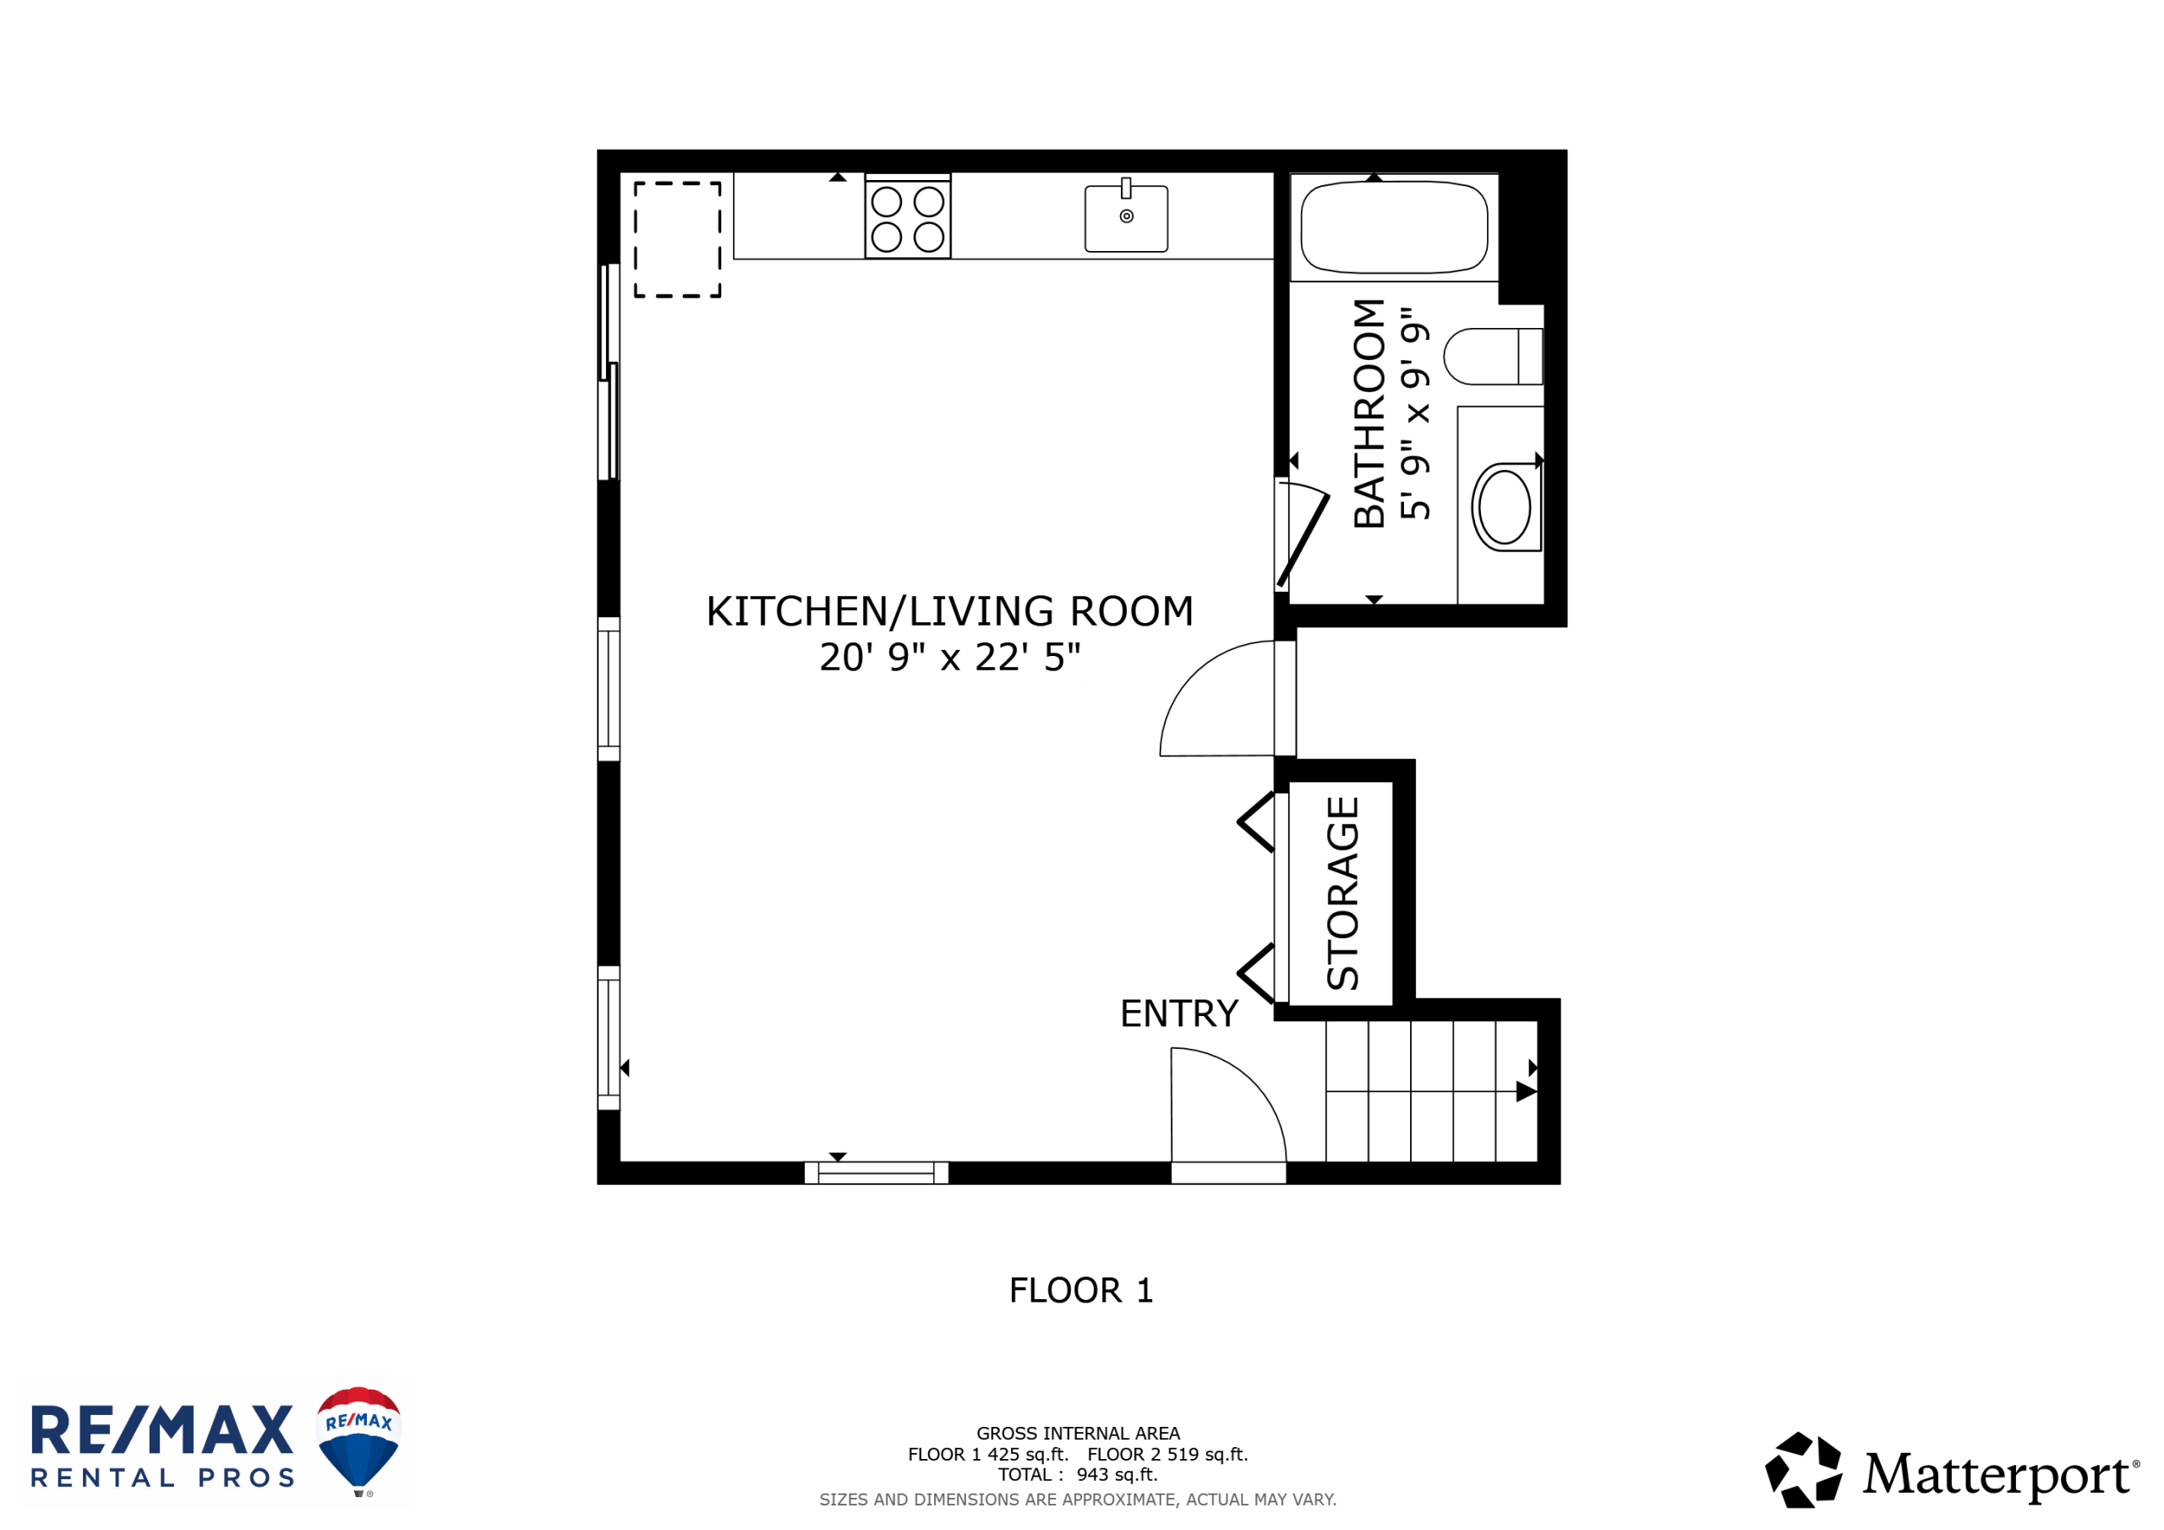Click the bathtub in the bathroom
[x=1394, y=227]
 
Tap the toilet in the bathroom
[x=1493, y=357]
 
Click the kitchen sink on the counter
[x=1126, y=218]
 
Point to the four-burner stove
[x=908, y=217]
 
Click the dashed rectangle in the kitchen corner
[x=678, y=239]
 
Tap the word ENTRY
[x=1179, y=1014]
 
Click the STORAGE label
[x=1343, y=893]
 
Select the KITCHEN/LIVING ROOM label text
[x=950, y=611]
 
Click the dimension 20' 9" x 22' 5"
[x=950, y=657]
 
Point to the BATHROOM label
[x=1369, y=413]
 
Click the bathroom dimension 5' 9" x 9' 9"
[x=1415, y=413]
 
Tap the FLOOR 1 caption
[x=1081, y=1291]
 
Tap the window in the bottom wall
[x=876, y=1172]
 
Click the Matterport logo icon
[x=1804, y=1470]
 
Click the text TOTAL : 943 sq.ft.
[x=1079, y=1474]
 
